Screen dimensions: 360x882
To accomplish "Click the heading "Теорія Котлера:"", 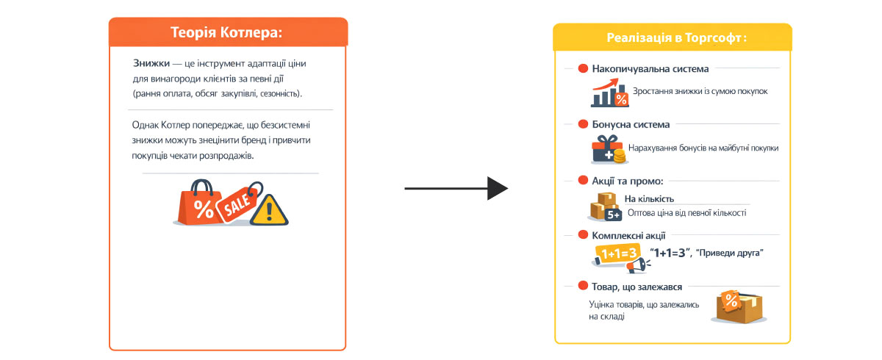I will pyautogui.click(x=227, y=32).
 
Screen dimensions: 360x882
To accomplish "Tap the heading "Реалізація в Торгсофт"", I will pyautogui.click(x=673, y=37).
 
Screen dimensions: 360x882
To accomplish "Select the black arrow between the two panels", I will pyautogui.click(x=456, y=189).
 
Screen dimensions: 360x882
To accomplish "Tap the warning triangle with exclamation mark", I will pyautogui.click(x=269, y=210).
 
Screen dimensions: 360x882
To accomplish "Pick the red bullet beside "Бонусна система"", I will pyautogui.click(x=583, y=125).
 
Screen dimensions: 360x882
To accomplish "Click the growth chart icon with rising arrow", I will pyautogui.click(x=609, y=94).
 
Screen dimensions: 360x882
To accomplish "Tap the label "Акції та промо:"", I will pyautogui.click(x=628, y=181).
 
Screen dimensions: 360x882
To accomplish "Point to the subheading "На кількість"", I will pyautogui.click(x=649, y=198).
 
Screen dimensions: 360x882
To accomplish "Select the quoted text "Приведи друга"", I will pyautogui.click(x=734, y=253).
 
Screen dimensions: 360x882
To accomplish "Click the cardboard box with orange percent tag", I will pyautogui.click(x=739, y=306).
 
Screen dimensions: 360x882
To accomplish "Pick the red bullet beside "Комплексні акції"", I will pyautogui.click(x=583, y=236).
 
